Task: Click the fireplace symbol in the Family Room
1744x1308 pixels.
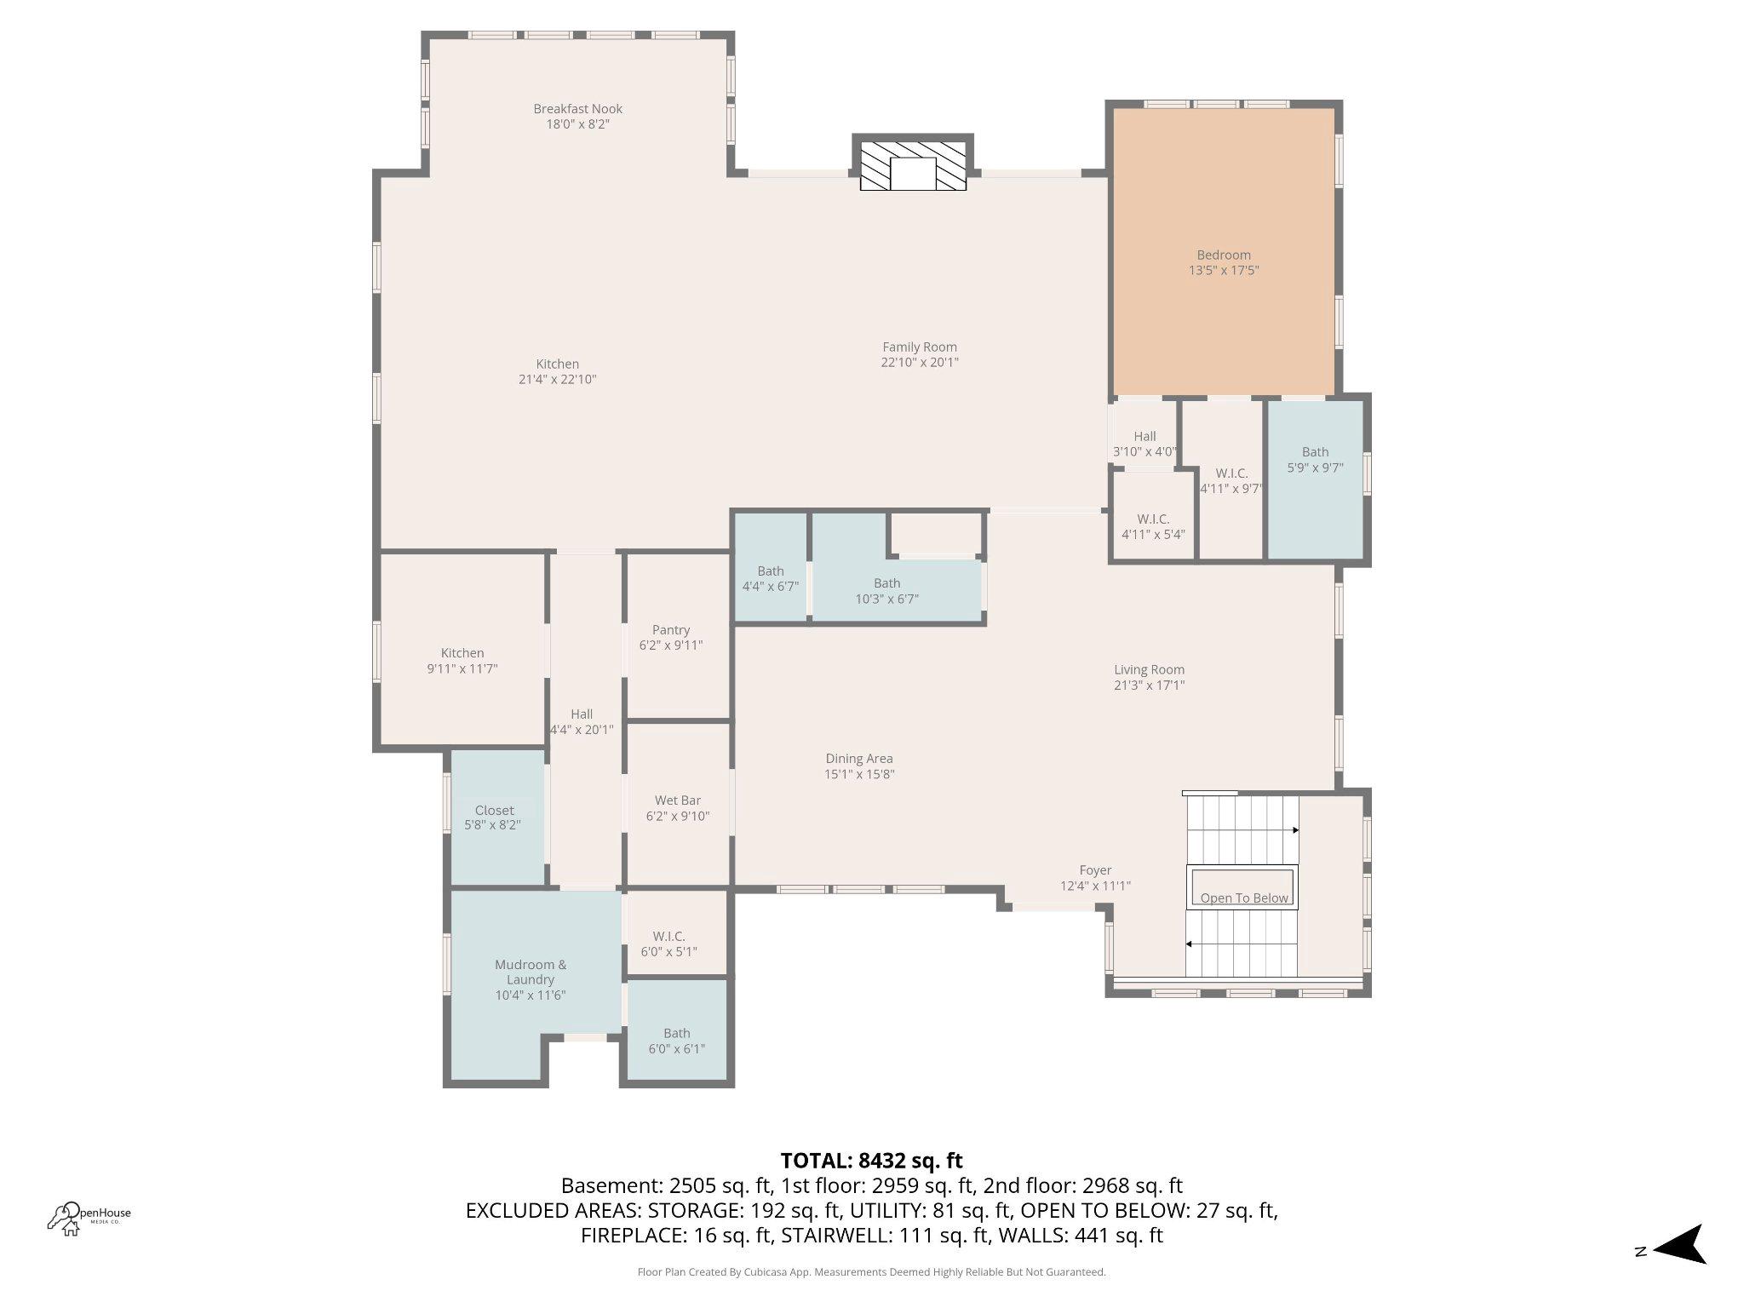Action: click(x=913, y=163)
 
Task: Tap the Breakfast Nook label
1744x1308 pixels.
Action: click(x=577, y=109)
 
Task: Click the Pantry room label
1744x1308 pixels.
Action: click(x=671, y=630)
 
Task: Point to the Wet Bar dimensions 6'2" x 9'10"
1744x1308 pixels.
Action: click(x=678, y=816)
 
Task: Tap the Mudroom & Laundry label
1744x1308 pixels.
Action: click(x=531, y=972)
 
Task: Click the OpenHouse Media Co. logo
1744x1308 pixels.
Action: click(x=89, y=1216)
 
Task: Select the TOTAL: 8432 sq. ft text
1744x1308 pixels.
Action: click(x=871, y=1161)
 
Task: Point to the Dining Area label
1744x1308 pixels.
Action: click(x=858, y=759)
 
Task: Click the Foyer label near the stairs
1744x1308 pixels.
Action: click(x=1095, y=870)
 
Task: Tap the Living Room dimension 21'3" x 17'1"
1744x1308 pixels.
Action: click(x=1149, y=685)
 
